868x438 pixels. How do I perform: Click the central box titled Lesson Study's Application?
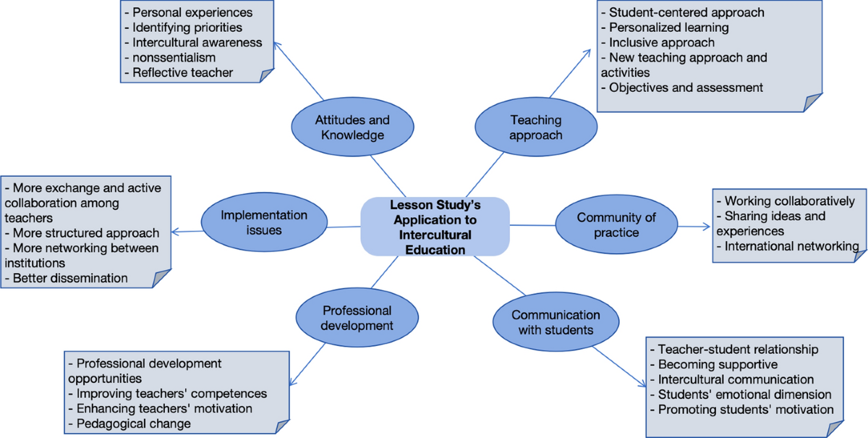point(435,227)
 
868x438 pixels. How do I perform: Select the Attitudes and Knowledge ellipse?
point(352,127)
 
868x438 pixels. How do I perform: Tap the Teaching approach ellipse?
point(535,127)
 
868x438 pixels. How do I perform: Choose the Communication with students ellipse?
point(556,322)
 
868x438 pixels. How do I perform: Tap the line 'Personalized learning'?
point(668,28)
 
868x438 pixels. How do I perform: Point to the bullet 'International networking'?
point(791,246)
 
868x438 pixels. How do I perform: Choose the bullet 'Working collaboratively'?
point(789,201)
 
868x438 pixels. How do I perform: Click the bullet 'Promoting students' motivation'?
point(746,410)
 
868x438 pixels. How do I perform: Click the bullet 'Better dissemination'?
point(71,278)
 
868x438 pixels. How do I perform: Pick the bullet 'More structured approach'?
point(86,233)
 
